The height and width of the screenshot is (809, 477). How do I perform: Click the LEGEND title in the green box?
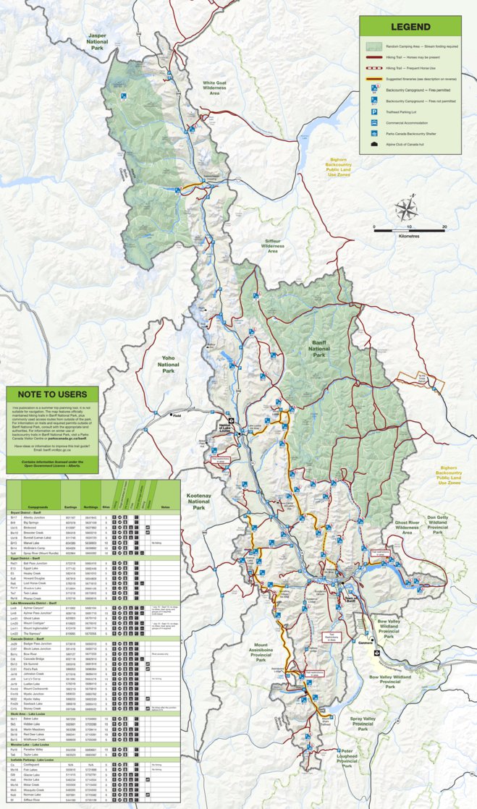[410, 27]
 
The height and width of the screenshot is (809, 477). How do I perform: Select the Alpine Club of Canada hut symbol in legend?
[373, 145]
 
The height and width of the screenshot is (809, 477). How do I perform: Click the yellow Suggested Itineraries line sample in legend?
[374, 79]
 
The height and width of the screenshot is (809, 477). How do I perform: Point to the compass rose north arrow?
[405, 210]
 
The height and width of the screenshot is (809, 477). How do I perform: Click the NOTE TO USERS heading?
[51, 394]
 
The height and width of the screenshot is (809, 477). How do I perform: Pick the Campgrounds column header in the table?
[38, 507]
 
